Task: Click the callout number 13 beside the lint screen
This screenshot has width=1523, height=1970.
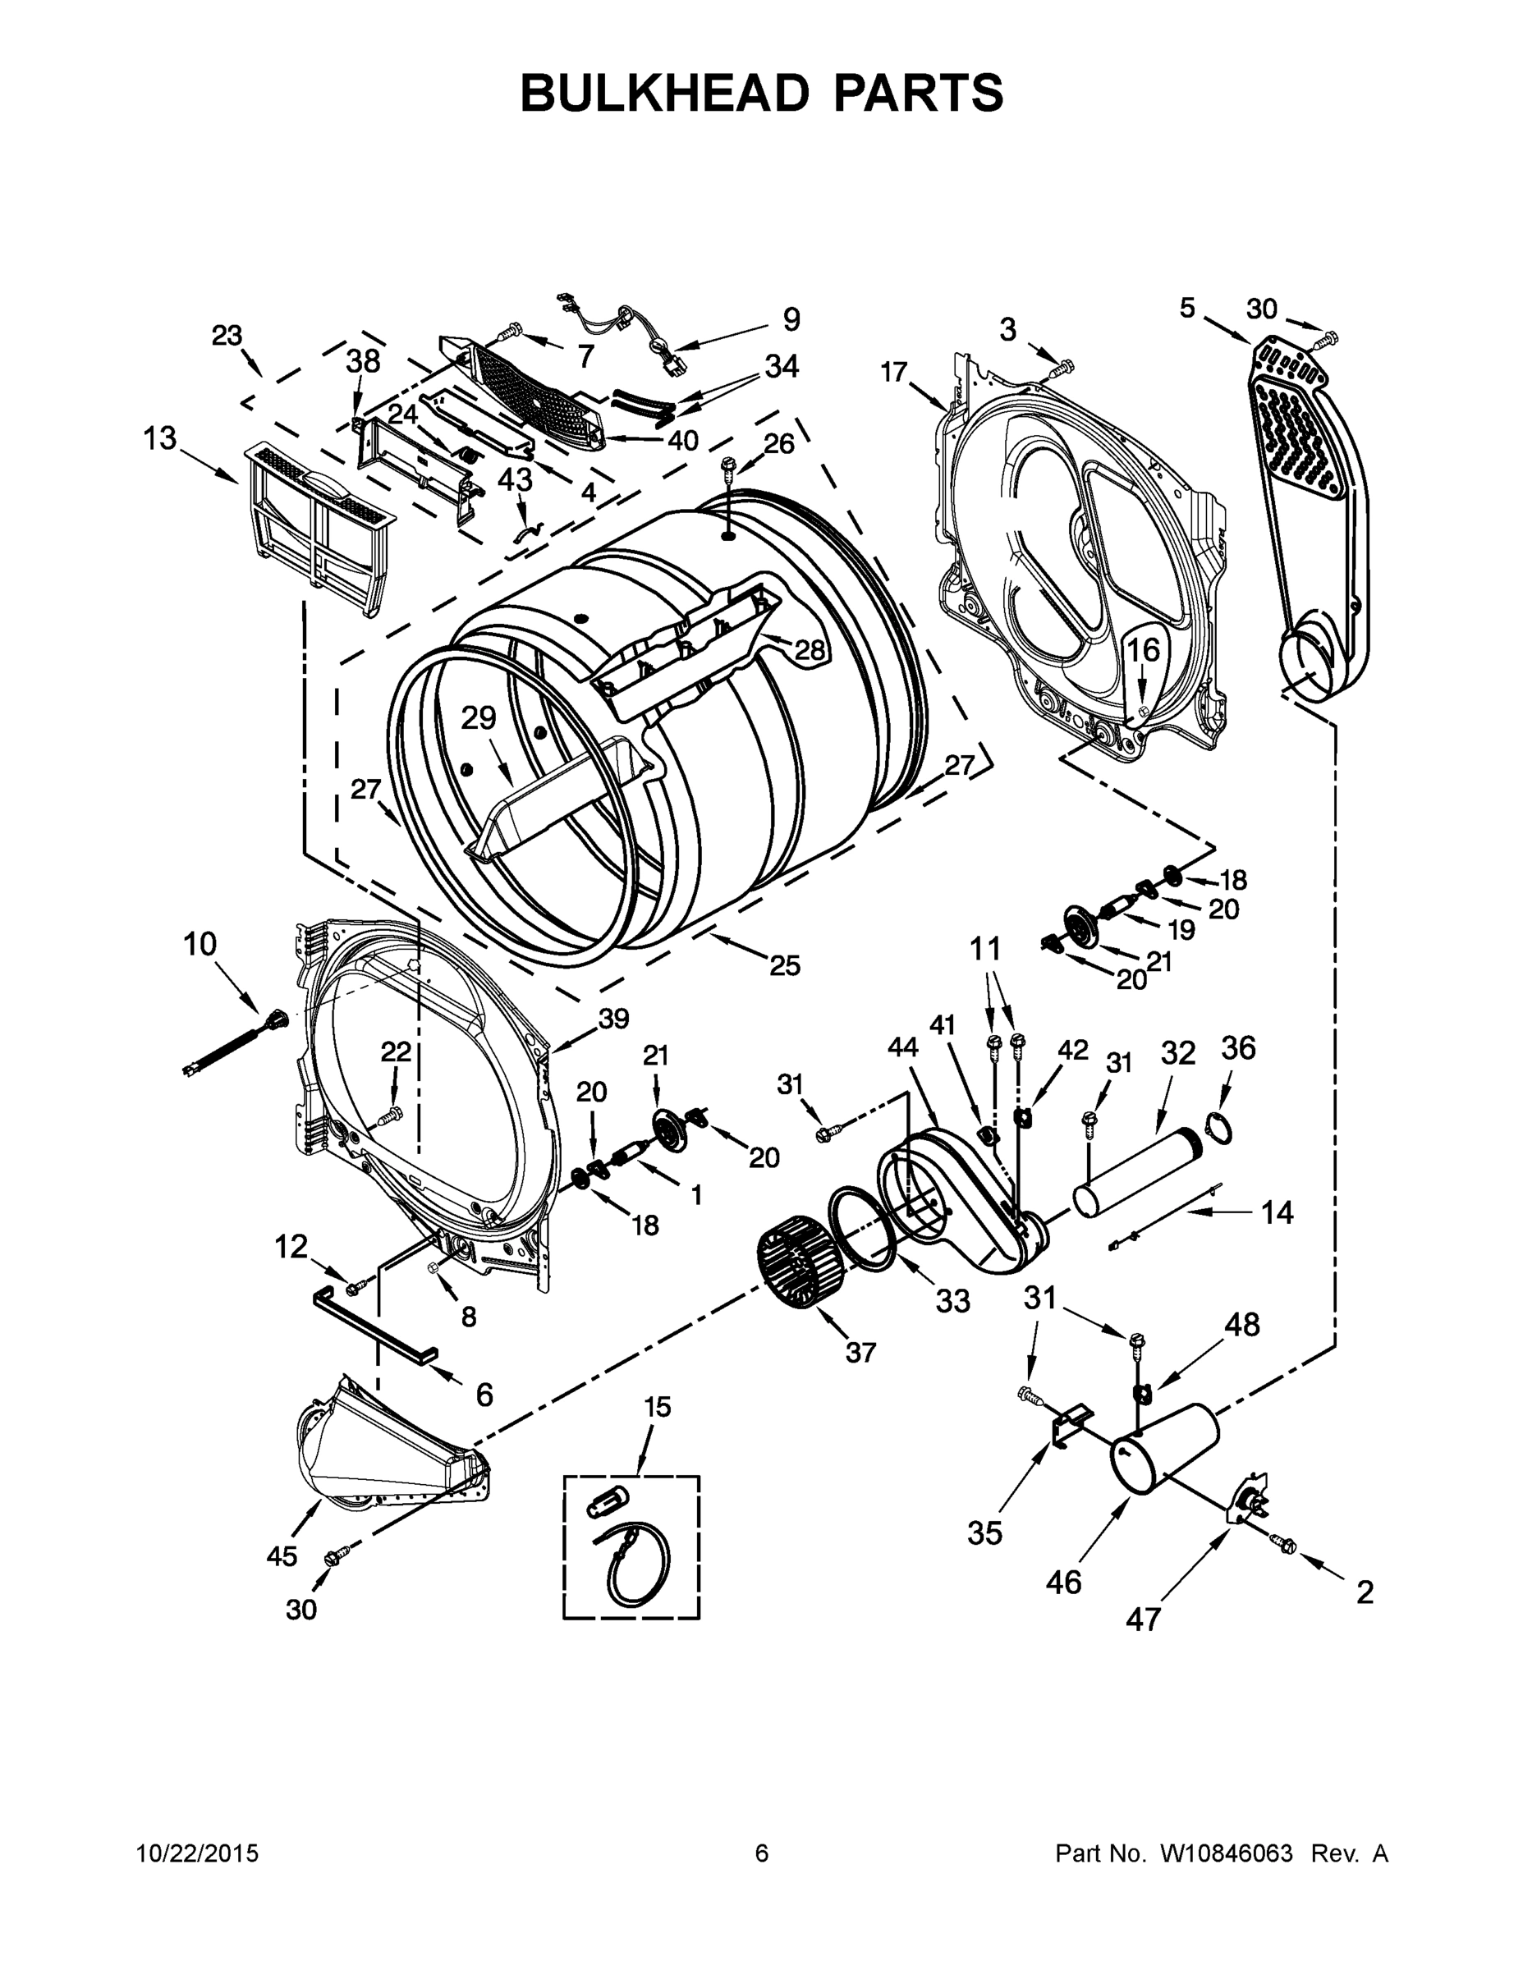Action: click(160, 439)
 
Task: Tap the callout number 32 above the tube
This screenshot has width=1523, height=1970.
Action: click(1177, 1052)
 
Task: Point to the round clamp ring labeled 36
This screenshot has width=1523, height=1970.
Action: click(1219, 1129)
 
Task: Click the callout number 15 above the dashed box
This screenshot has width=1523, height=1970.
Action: click(658, 1406)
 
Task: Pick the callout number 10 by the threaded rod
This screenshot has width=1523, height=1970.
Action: click(200, 945)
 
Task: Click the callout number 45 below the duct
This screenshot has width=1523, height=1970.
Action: click(282, 1555)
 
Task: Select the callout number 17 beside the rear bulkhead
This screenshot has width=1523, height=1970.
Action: click(893, 372)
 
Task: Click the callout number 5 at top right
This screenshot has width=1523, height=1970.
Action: click(1186, 309)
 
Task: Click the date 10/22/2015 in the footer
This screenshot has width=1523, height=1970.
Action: click(198, 1853)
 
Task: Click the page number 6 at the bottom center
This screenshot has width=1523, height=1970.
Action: click(762, 1853)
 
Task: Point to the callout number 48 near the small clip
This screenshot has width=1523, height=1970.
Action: click(1241, 1324)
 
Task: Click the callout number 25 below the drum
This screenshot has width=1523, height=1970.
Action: click(784, 965)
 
